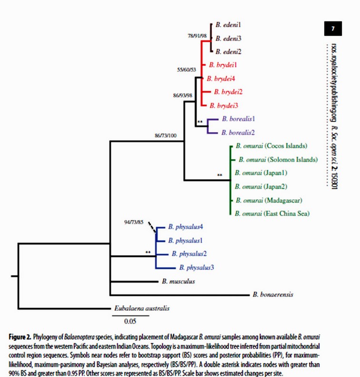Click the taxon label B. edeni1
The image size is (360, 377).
click(x=228, y=24)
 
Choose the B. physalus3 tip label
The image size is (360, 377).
click(x=197, y=267)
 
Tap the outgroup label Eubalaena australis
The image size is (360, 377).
click(x=141, y=308)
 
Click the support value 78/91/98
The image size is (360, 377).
click(x=197, y=36)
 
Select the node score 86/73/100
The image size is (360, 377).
click(x=165, y=136)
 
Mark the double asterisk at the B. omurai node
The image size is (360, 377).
click(x=220, y=175)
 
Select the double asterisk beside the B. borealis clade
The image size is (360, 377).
click(x=200, y=122)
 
